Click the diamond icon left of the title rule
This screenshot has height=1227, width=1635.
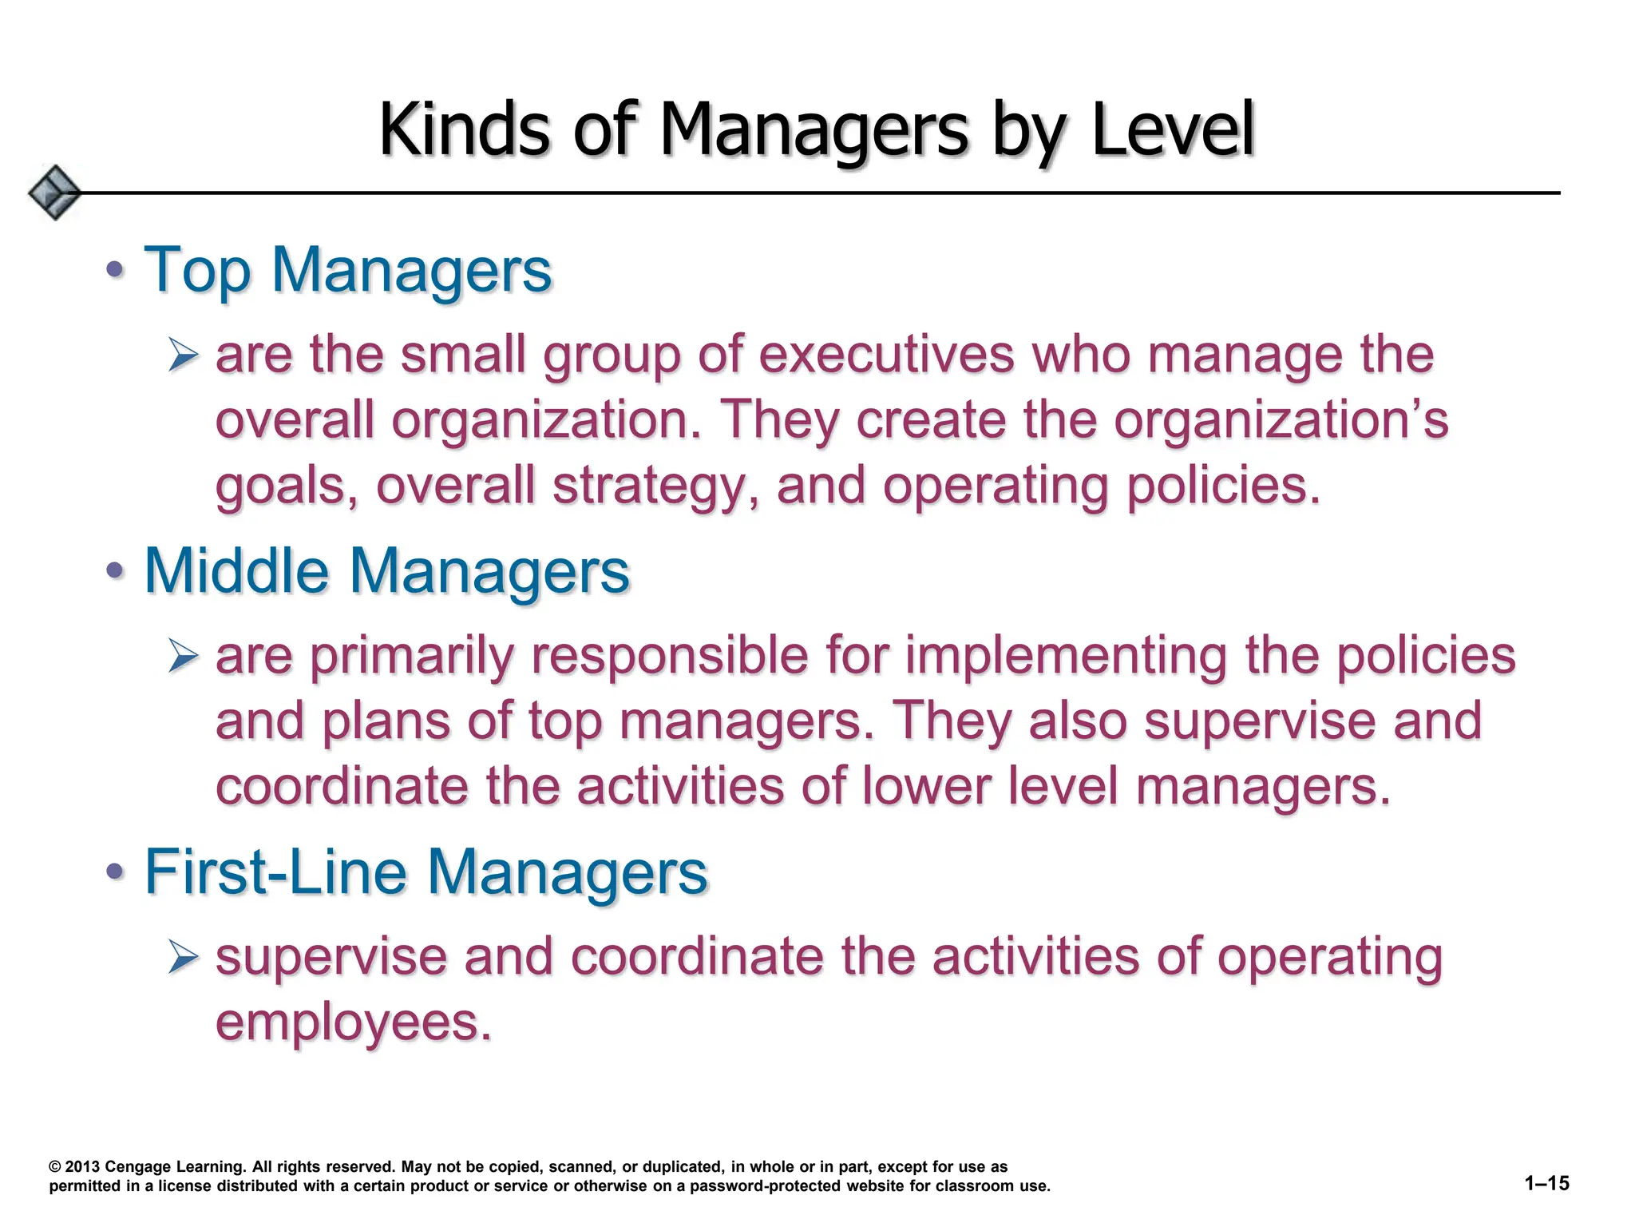pyautogui.click(x=54, y=193)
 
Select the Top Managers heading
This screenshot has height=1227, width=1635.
pyautogui.click(x=347, y=270)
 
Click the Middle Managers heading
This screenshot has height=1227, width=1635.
pyautogui.click(x=386, y=571)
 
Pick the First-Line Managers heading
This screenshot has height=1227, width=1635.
pyautogui.click(x=426, y=872)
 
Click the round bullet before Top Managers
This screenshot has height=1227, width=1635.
pyautogui.click(x=116, y=269)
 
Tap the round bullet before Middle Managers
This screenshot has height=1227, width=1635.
pyautogui.click(x=116, y=570)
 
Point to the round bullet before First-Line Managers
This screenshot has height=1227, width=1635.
pyautogui.click(x=116, y=871)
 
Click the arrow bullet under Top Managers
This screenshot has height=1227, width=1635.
pyautogui.click(x=184, y=355)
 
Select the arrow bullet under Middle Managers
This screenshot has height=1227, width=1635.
pyautogui.click(x=184, y=656)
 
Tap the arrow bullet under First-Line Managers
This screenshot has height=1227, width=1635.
pyautogui.click(x=184, y=956)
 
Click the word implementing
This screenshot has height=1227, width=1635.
pyautogui.click(x=1066, y=656)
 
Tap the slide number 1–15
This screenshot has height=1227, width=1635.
pyautogui.click(x=1546, y=1183)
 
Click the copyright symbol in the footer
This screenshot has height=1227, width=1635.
pyautogui.click(x=55, y=1167)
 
